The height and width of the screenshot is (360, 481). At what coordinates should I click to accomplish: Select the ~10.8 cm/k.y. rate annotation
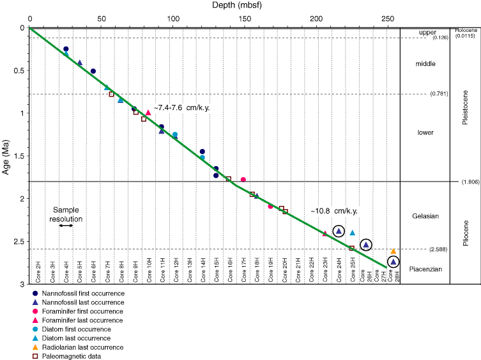coord(333,210)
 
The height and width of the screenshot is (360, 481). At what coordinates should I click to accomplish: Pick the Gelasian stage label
coord(425,215)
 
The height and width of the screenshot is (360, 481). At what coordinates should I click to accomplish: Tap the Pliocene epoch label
coord(466,232)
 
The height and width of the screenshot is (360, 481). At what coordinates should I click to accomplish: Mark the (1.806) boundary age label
coord(468,182)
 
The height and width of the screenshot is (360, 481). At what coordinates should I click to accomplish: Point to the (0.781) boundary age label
coord(439,93)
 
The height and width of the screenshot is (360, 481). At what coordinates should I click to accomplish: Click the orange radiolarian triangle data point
coord(393,251)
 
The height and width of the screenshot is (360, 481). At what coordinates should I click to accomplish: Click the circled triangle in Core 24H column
coord(339,231)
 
